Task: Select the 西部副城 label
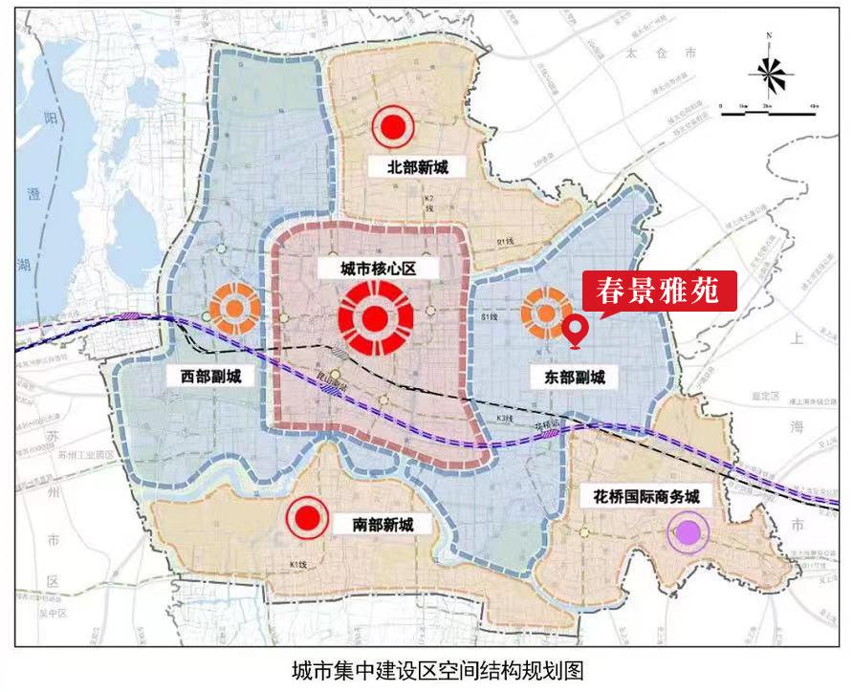pyautogui.click(x=204, y=376)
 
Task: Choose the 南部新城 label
pyautogui.click(x=376, y=524)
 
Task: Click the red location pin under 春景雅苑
pyautogui.click(x=575, y=330)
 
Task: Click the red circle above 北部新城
pyautogui.click(x=392, y=125)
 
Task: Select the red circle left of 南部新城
pyautogui.click(x=307, y=518)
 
